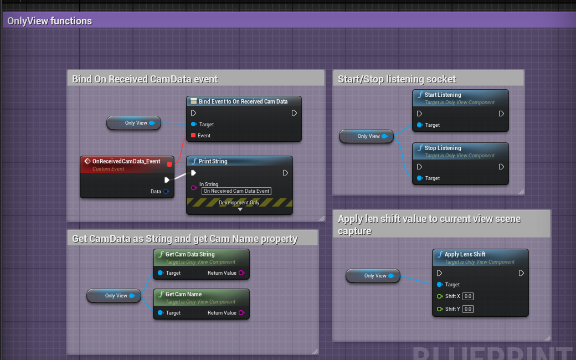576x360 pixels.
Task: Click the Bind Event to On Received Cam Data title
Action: click(243, 101)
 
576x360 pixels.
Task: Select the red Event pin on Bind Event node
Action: click(193, 135)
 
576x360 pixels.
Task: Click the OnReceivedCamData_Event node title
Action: click(126, 161)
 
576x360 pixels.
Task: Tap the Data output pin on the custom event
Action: click(166, 192)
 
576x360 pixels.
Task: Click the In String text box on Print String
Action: click(236, 191)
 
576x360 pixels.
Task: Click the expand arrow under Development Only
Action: click(240, 210)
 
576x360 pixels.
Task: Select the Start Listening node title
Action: click(443, 95)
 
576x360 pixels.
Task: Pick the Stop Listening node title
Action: click(443, 148)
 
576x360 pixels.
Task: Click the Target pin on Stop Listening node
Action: click(420, 178)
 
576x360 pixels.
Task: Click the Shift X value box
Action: click(468, 296)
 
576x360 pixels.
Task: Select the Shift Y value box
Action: click(468, 309)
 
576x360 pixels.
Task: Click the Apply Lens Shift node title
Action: click(465, 254)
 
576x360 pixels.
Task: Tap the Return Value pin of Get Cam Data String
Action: click(241, 273)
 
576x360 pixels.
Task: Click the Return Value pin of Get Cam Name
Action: click(241, 313)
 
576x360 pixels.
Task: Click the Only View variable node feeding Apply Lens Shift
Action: click(373, 275)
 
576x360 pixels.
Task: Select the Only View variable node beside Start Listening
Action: click(366, 136)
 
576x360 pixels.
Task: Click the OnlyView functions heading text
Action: click(50, 21)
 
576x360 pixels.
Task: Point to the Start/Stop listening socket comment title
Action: click(397, 79)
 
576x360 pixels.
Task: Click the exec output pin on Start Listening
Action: click(501, 114)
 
